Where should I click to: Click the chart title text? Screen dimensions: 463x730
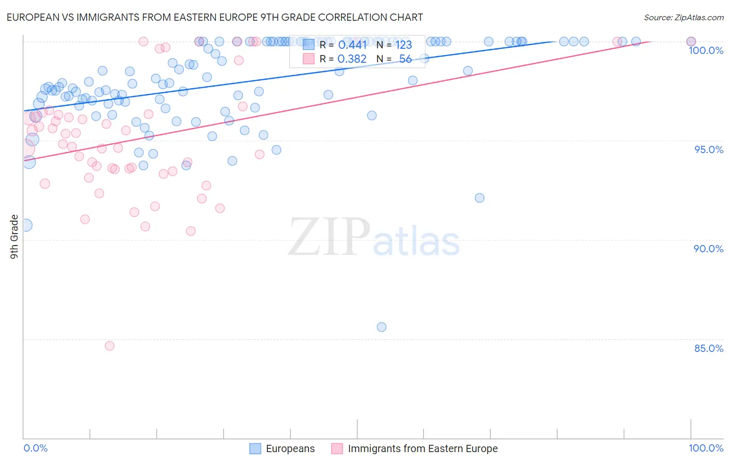coord(214,17)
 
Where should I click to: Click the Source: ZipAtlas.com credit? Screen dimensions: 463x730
coord(683,17)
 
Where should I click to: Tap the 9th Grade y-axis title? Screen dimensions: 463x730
coord(14,236)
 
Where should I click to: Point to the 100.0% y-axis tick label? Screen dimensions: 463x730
coord(706,50)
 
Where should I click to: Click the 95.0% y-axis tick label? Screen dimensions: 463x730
coord(709,149)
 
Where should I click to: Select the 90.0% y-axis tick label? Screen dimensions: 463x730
coord(709,249)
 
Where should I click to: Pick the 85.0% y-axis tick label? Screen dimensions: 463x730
coord(709,348)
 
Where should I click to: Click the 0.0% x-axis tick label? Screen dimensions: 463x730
coord(35,448)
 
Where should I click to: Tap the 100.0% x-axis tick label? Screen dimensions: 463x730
coord(706,448)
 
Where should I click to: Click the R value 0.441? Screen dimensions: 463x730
coord(352,45)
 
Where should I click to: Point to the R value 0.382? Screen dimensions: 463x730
coord(352,59)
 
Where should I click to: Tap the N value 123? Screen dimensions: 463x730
coord(403,45)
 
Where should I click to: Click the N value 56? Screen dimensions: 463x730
coord(405,59)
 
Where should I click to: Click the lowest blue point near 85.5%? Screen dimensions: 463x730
coord(382,327)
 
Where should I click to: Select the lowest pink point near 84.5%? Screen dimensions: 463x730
coord(110,346)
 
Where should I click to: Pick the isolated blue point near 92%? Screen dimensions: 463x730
coord(480,198)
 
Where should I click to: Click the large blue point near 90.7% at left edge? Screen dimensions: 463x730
coord(25,225)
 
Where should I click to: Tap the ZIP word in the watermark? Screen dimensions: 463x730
coord(329,237)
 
